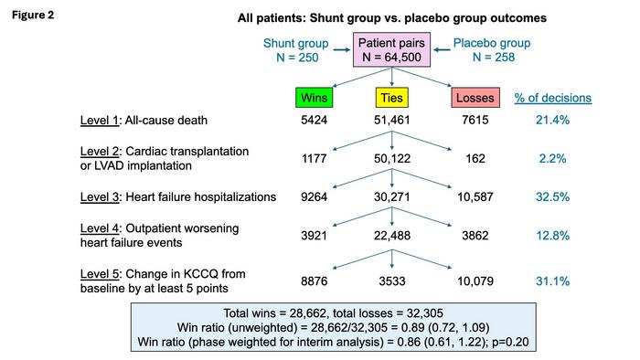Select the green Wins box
click(315, 98)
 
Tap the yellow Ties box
click(391, 98)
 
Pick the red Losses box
click(475, 98)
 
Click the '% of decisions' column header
click(552, 98)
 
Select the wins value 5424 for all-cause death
click(315, 121)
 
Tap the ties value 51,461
click(392, 121)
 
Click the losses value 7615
click(475, 121)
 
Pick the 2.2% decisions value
click(552, 158)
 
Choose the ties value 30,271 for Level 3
click(392, 196)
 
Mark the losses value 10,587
click(475, 196)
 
